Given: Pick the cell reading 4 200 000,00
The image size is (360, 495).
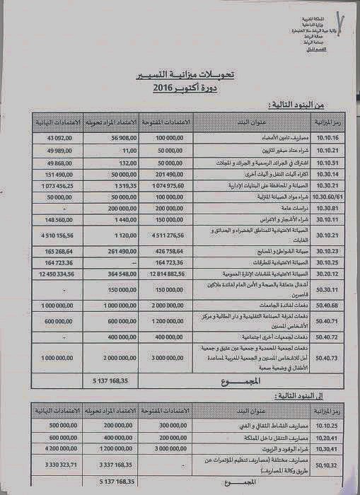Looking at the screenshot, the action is tap(54, 448).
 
